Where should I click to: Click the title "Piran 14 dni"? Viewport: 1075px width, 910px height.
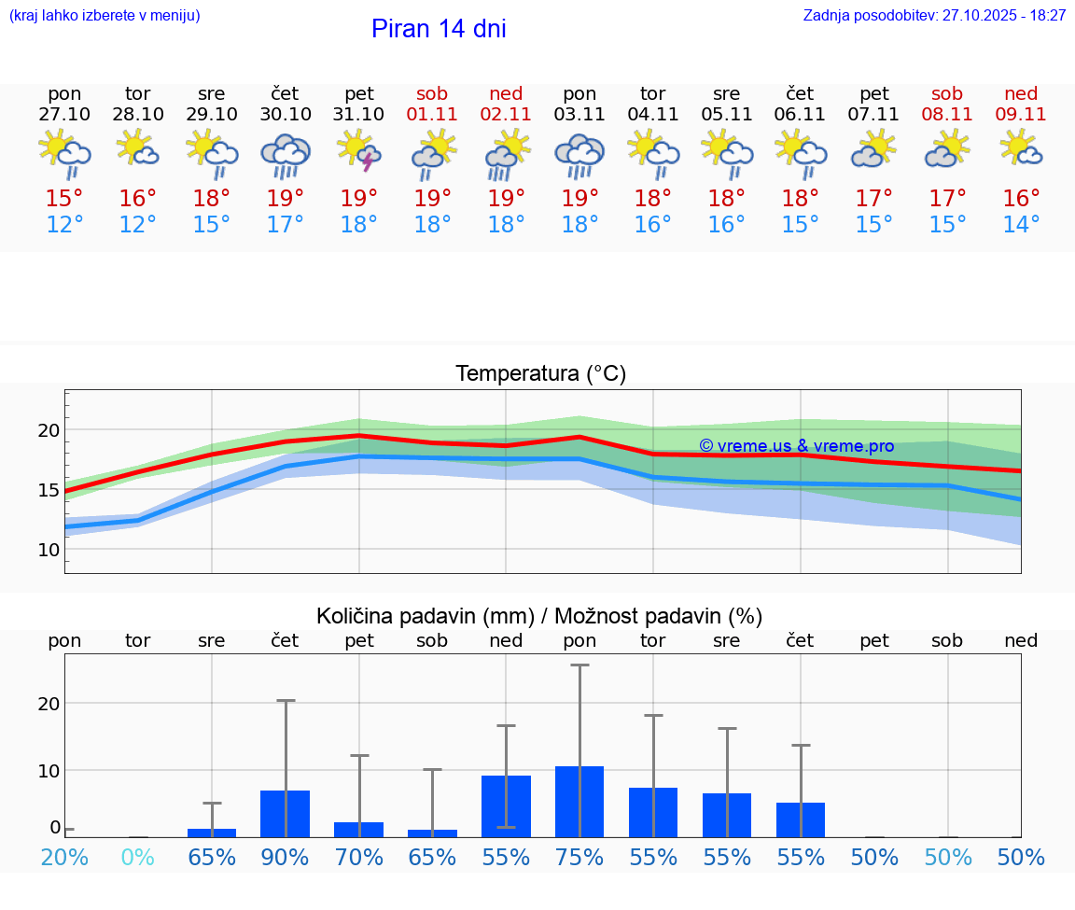(439, 29)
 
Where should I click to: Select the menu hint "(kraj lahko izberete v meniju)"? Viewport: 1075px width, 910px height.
(105, 16)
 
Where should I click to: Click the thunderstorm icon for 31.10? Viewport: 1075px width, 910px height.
(359, 151)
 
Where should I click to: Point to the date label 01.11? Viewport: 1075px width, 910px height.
(432, 114)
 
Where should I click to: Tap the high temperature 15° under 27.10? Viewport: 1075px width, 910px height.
(64, 199)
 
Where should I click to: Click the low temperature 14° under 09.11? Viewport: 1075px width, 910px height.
(1021, 225)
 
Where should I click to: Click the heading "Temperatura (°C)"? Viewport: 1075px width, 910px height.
(540, 374)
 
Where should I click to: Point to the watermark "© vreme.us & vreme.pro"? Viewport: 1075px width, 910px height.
(796, 446)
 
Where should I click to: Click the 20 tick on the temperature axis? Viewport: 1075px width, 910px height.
(49, 430)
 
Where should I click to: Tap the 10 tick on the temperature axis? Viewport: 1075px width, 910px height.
(49, 549)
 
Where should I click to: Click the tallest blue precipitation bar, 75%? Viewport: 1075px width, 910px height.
(579, 802)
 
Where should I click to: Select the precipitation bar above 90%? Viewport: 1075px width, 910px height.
(286, 814)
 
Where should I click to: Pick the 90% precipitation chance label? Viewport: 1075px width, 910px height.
(286, 858)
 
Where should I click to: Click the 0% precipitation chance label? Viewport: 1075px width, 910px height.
(138, 858)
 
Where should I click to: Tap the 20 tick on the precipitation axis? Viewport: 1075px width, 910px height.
(49, 703)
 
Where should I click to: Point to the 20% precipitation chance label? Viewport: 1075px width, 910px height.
(64, 858)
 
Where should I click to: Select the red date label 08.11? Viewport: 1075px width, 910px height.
(947, 114)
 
